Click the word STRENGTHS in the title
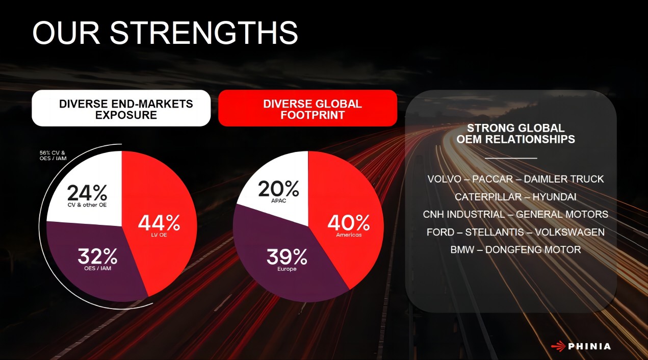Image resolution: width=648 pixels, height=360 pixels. pyautogui.click(x=203, y=33)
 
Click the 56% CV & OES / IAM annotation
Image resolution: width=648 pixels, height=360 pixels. pyautogui.click(x=53, y=156)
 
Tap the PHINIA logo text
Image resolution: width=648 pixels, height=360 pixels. pyautogui.click(x=589, y=346)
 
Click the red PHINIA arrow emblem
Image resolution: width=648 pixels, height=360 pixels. pyautogui.click(x=558, y=346)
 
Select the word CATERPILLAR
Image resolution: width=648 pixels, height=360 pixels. pyautogui.click(x=488, y=197)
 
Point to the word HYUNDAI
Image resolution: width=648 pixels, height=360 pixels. pyautogui.click(x=554, y=197)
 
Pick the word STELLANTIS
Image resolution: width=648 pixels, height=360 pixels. pyautogui.click(x=495, y=232)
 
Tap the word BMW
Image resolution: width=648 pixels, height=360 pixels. pyautogui.click(x=462, y=250)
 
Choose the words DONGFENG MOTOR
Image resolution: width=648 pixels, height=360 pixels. pyautogui.click(x=533, y=250)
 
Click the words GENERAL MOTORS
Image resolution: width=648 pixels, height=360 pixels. pyautogui.click(x=562, y=215)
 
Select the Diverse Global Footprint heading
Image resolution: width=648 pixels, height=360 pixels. pyautogui.click(x=313, y=110)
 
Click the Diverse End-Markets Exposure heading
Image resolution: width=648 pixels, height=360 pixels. pyautogui.click(x=126, y=110)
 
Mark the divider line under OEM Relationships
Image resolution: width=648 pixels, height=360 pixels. pyautogui.click(x=511, y=158)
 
